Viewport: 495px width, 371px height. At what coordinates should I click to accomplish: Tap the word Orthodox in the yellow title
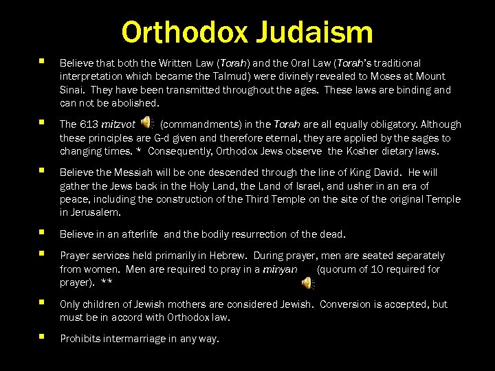point(186,32)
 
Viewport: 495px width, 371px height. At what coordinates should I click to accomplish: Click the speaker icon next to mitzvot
point(146,123)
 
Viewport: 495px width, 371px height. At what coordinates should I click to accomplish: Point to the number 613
point(89,124)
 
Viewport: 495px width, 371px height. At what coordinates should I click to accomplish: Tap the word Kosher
point(370,151)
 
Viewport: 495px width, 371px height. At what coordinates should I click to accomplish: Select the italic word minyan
point(280,269)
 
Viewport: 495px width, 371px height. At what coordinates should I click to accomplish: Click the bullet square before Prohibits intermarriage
point(42,337)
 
